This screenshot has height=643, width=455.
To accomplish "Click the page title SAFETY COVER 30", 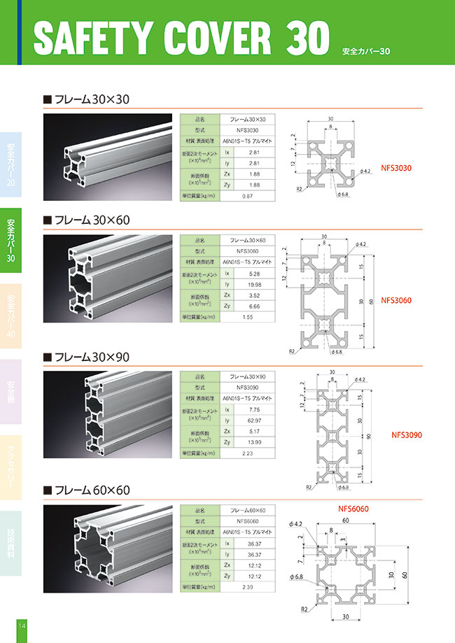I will (180, 36).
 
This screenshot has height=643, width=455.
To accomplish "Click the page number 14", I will (22, 625).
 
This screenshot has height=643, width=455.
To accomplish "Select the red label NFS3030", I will (398, 169).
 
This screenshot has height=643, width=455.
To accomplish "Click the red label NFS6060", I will (353, 509).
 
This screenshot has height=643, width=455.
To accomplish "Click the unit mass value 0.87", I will (247, 197).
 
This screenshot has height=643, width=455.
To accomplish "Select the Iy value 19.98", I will (255, 284).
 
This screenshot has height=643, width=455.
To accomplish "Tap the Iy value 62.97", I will (255, 421).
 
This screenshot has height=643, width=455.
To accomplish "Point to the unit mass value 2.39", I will (247, 586).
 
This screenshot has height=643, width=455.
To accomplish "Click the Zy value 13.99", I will (255, 443).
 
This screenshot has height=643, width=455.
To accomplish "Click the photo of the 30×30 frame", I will (108, 158).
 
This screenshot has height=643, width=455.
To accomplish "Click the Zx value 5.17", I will (255, 432).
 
